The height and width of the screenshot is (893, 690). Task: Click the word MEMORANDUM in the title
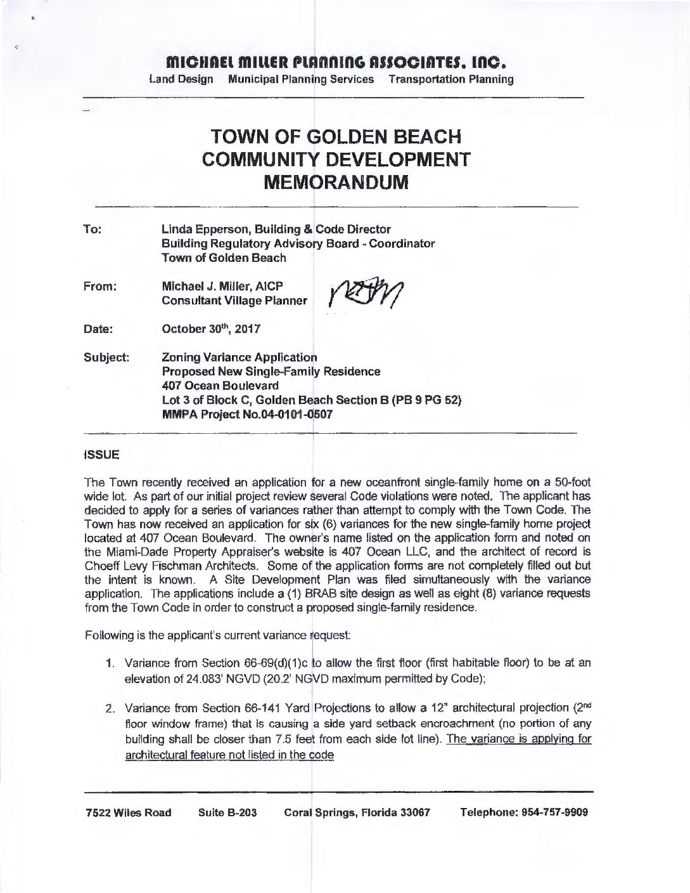335,183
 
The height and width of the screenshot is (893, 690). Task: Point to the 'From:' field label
100,287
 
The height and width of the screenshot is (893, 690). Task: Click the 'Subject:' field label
106,358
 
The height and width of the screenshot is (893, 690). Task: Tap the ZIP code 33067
413,812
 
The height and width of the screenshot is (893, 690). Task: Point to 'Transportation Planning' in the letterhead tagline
451,79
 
